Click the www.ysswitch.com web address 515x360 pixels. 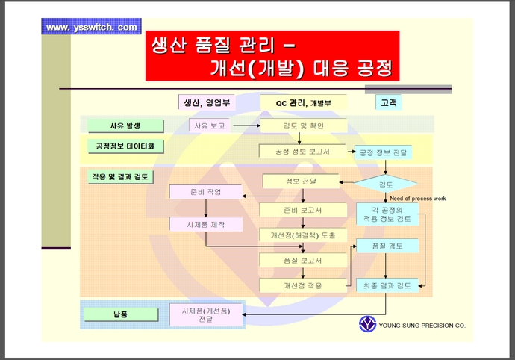(92, 28)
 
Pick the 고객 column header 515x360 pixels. (389, 102)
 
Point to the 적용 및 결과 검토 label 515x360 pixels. (120, 178)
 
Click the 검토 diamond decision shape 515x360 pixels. (387, 184)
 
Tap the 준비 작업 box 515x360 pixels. (206, 192)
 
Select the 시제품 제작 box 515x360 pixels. (206, 223)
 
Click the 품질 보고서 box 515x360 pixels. (302, 260)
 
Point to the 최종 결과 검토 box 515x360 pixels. (387, 285)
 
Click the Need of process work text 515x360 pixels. (418, 198)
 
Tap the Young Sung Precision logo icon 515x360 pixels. (368, 324)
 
